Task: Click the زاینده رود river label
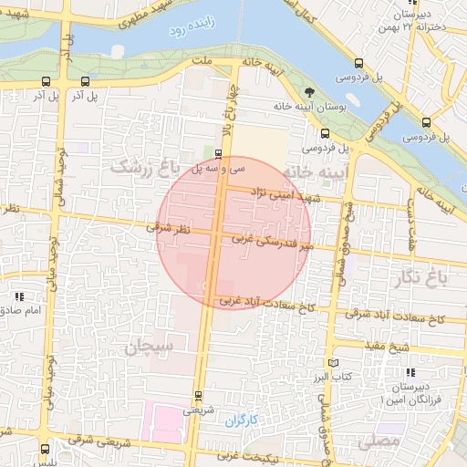[190, 31]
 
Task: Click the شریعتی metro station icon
[198, 396]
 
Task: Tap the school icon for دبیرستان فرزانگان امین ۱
[410, 372]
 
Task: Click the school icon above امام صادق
[19, 296]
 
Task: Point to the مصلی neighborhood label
[379, 442]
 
